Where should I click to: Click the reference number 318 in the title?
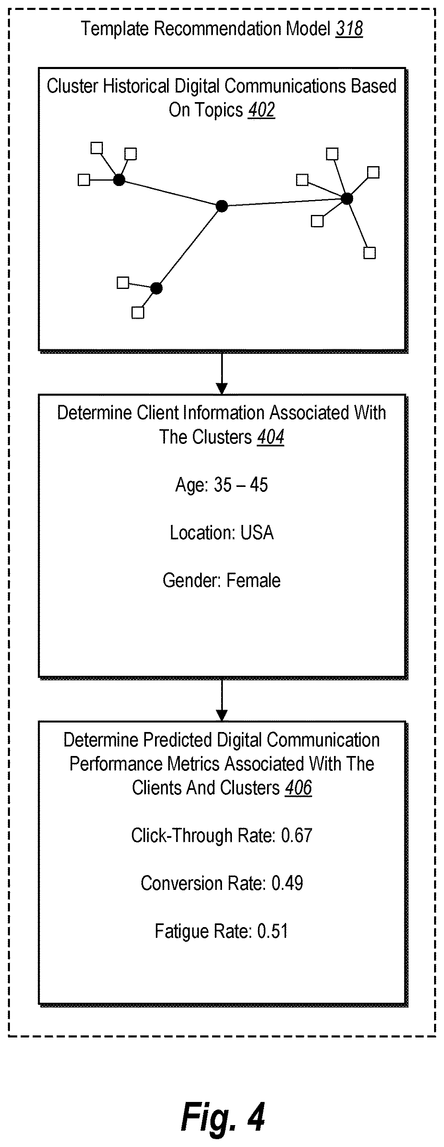point(349,29)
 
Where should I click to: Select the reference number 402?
point(261,110)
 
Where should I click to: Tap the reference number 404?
point(270,437)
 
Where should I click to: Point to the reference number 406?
point(298,788)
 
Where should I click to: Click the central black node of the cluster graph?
point(222,206)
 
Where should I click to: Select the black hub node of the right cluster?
point(346,198)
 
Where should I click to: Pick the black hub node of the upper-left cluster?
point(119,180)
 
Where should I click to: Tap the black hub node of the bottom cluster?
point(156,288)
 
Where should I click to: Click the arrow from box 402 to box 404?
point(222,374)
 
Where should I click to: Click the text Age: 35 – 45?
point(222,485)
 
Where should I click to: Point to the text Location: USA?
point(222,532)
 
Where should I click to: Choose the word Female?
point(253,580)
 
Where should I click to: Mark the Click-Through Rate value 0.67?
point(296,835)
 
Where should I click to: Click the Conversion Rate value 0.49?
point(287,883)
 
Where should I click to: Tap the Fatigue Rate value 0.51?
point(272,931)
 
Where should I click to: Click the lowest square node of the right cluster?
point(370,253)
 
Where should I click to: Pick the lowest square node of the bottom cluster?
point(138,312)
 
